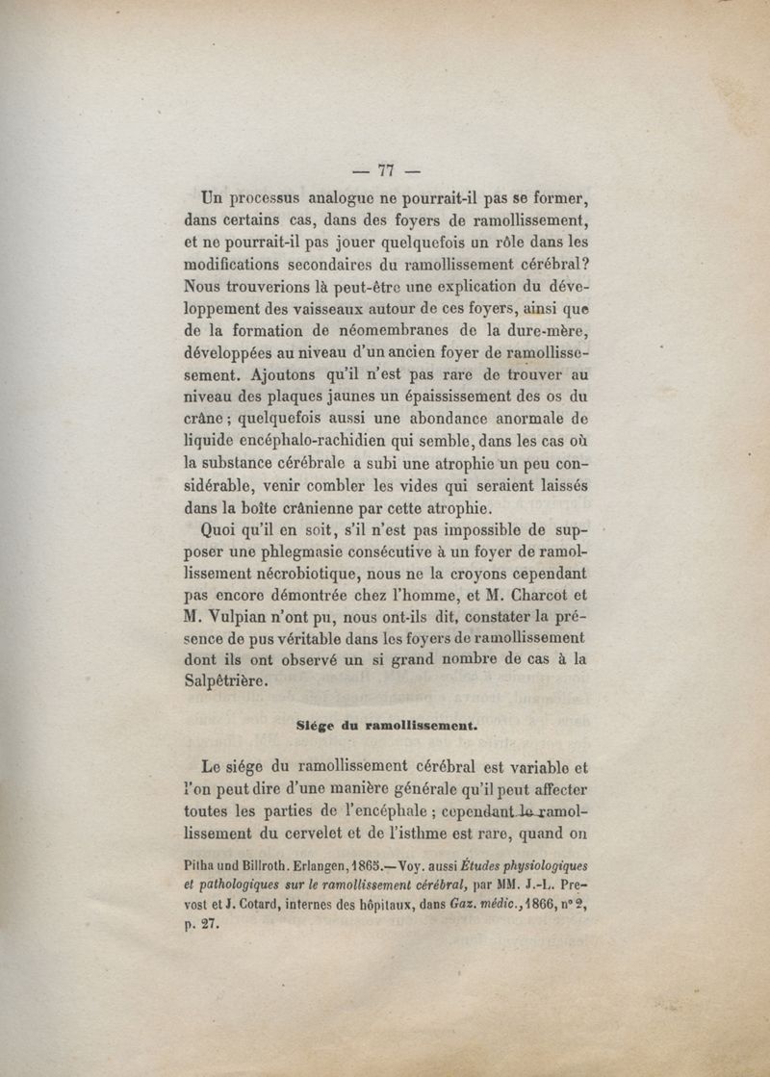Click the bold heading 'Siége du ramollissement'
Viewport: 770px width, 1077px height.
[387, 728]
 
